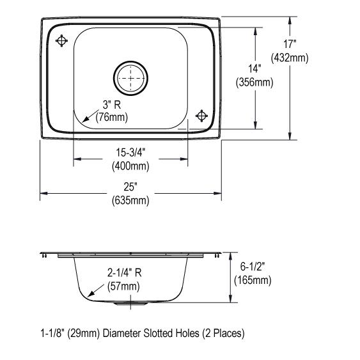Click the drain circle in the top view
(x=130, y=78)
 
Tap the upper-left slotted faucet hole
(x=61, y=41)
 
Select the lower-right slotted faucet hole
(x=201, y=116)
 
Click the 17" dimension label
(x=290, y=44)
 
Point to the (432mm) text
(x=290, y=58)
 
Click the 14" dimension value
(x=255, y=68)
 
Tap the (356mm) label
(x=254, y=82)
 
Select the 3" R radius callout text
(x=112, y=105)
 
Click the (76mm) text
(x=112, y=118)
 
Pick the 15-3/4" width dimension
(x=130, y=152)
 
